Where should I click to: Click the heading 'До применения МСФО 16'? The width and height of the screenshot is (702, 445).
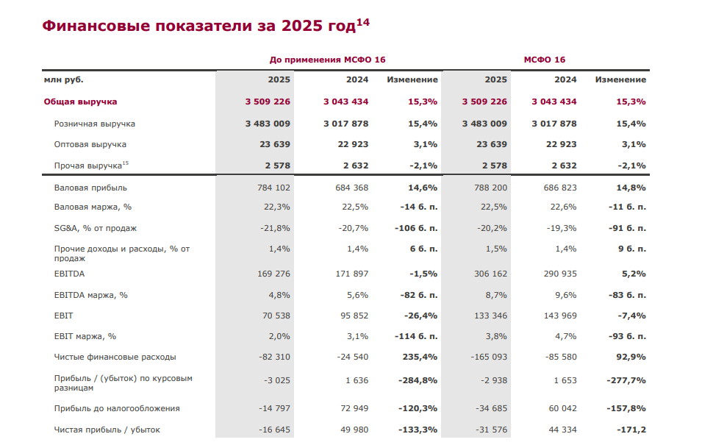pyautogui.click(x=327, y=60)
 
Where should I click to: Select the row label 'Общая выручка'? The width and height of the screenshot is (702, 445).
pyautogui.click(x=80, y=102)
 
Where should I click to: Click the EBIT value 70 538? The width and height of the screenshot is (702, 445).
pyautogui.click(x=273, y=316)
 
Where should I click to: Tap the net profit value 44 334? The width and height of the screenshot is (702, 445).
pyautogui.click(x=560, y=430)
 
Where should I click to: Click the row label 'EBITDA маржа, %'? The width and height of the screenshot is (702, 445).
pyautogui.click(x=90, y=295)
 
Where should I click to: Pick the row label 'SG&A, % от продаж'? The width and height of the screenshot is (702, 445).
pyautogui.click(x=95, y=228)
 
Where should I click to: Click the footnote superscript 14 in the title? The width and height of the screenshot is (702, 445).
pyautogui.click(x=363, y=22)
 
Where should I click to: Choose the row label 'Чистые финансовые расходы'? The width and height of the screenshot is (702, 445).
pyautogui.click(x=115, y=357)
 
